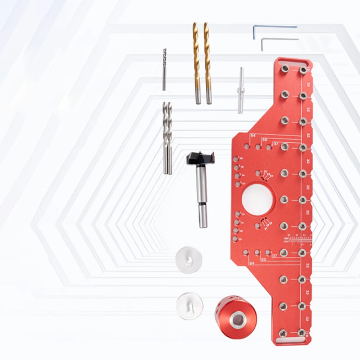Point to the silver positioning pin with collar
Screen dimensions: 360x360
click(241, 90)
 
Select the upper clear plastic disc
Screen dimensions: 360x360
click(189, 260)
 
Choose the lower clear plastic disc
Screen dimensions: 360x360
click(190, 306)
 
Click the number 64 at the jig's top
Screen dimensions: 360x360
click(253, 135)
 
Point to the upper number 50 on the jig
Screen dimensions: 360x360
click(264, 140)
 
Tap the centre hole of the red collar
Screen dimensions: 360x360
click(236, 320)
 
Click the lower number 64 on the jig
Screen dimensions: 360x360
click(251, 264)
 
